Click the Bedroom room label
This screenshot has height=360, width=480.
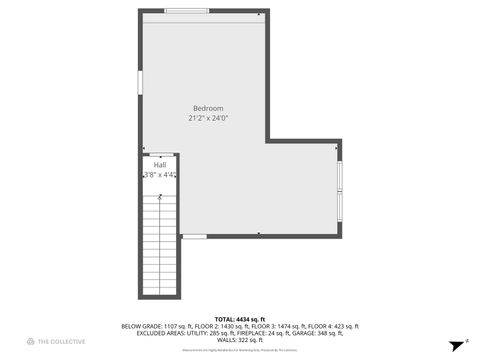click(x=208, y=108)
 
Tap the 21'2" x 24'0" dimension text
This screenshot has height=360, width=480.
click(x=208, y=118)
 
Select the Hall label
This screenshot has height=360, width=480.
click(x=159, y=164)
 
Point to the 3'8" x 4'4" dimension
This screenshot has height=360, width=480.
click(x=159, y=175)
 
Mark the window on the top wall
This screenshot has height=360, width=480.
click(x=186, y=11)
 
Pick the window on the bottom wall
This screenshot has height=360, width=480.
click(x=194, y=236)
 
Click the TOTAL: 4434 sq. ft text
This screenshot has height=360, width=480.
click(x=239, y=319)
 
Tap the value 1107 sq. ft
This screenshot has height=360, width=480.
click(x=178, y=326)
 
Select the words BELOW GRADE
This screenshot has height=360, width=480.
click(x=141, y=326)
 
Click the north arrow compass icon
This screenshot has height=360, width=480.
click(x=454, y=341)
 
